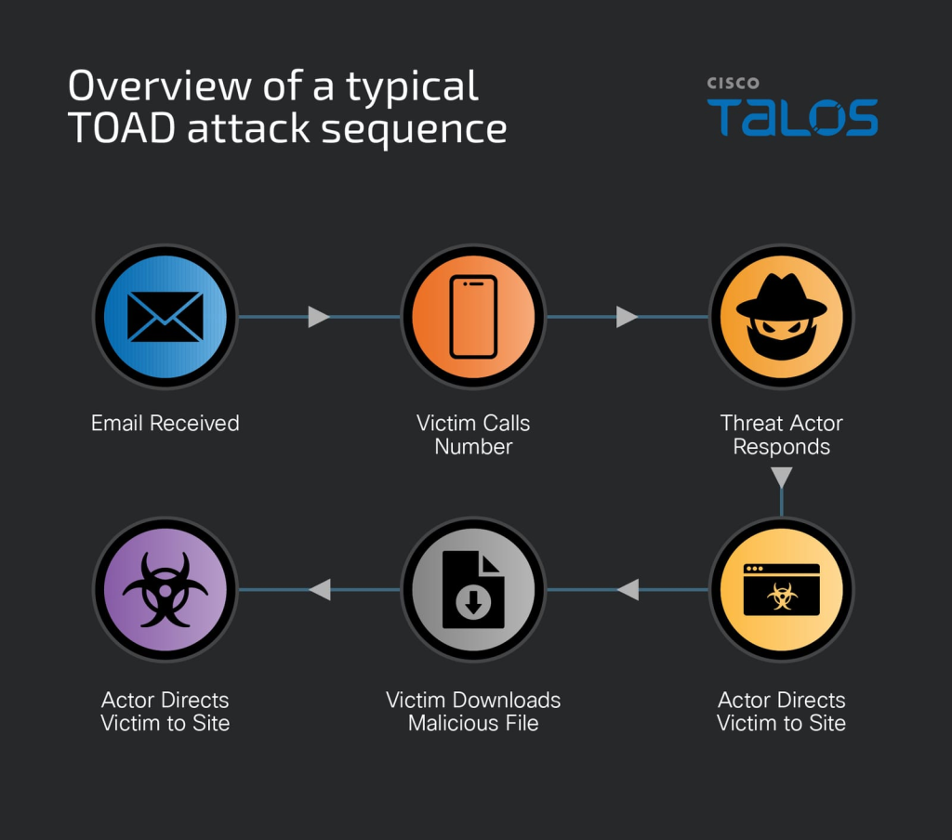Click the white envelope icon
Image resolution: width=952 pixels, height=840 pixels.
(x=165, y=317)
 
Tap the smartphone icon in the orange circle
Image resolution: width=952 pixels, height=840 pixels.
(x=473, y=317)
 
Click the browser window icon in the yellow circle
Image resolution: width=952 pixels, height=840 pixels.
(x=781, y=589)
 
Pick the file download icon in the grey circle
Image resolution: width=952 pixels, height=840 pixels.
(x=473, y=590)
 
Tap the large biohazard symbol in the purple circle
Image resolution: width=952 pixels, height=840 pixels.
(x=165, y=589)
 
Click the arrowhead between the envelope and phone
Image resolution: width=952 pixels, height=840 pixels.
(x=319, y=317)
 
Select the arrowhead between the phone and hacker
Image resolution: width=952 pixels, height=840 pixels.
(x=627, y=317)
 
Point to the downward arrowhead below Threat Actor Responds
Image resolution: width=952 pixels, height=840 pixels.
(x=782, y=478)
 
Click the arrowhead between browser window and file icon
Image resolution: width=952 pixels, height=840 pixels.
(x=628, y=589)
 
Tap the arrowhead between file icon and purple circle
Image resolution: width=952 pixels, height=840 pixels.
(x=320, y=589)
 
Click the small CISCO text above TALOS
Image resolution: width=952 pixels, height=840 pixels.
(x=733, y=84)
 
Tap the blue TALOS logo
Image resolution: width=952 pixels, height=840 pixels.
(x=792, y=117)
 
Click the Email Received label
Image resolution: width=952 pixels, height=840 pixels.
(x=165, y=424)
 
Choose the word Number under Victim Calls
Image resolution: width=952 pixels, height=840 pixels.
(x=473, y=447)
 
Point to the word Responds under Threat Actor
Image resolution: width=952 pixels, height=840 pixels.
(x=781, y=447)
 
